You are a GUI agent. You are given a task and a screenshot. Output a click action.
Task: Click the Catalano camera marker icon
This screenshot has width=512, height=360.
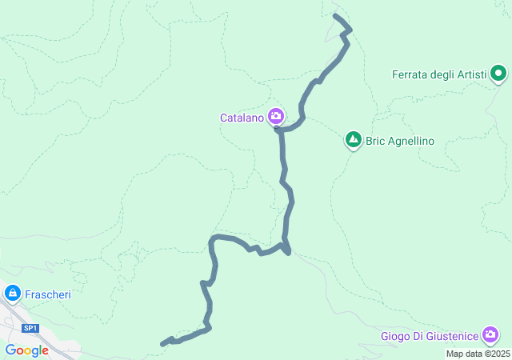click(x=276, y=115)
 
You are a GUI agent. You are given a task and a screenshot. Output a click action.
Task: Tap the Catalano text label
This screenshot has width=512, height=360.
click(x=242, y=118)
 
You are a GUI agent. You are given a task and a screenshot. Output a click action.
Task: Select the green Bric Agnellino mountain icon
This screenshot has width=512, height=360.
click(x=353, y=140)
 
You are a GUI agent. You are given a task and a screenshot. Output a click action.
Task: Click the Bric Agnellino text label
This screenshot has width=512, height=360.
click(x=400, y=141)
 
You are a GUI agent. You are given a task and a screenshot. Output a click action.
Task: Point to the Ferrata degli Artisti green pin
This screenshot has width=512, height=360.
click(x=498, y=75)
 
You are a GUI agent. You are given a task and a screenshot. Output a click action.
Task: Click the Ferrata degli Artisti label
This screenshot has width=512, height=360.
click(x=439, y=75)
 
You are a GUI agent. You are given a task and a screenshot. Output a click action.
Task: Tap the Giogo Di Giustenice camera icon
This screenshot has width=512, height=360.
click(x=491, y=334)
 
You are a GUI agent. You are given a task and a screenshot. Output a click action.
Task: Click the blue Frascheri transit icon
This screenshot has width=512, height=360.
click(x=12, y=294)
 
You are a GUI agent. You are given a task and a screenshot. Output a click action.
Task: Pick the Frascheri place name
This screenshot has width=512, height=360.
click(x=48, y=294)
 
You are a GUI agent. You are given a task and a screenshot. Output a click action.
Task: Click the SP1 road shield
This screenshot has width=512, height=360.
click(x=30, y=328)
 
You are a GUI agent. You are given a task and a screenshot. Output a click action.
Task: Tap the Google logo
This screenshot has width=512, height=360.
click(x=26, y=350)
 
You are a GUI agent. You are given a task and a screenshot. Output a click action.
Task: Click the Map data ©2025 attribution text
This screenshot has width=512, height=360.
click(x=478, y=354)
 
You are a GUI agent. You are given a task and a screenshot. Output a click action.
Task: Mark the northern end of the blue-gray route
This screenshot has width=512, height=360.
click(x=334, y=16)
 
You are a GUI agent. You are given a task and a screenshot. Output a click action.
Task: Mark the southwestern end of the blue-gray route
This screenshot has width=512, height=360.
click(x=162, y=344)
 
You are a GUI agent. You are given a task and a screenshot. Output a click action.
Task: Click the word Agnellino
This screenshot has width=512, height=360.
click(x=410, y=141)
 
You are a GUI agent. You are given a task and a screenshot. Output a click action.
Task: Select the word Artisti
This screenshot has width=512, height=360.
click(x=471, y=75)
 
